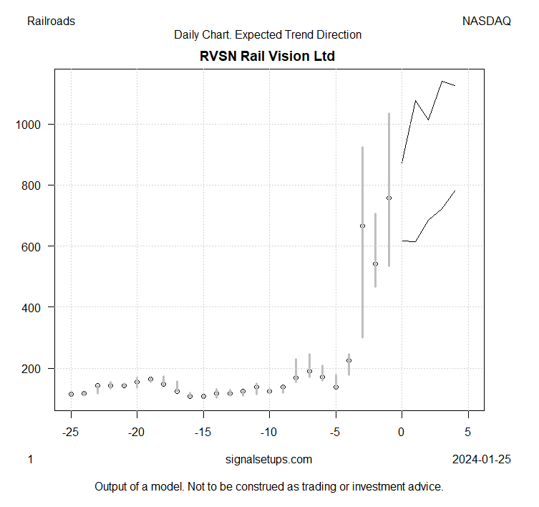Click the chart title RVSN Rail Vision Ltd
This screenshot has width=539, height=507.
268,56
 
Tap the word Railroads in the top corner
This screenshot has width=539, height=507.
51,21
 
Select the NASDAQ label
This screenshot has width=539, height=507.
487,21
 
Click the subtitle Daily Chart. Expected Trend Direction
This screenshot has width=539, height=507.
268,34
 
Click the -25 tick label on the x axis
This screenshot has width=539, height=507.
71,432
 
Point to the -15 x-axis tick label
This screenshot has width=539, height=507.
203,432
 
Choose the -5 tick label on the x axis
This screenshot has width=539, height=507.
336,432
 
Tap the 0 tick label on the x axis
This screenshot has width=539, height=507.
402,432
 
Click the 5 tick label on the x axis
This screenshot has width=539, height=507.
468,432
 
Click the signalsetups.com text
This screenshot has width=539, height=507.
268,459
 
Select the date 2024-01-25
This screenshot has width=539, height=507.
482,459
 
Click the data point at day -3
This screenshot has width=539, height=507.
362,226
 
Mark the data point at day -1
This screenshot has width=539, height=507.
389,198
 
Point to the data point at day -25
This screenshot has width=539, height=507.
71,394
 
